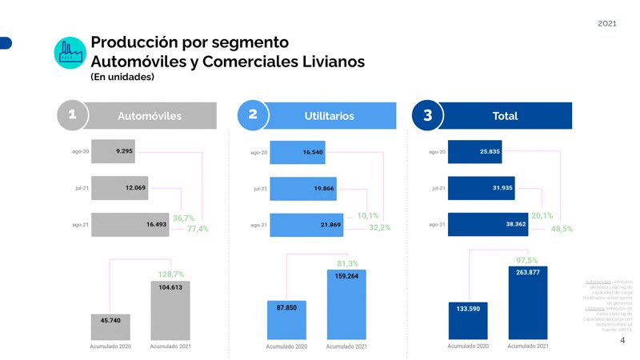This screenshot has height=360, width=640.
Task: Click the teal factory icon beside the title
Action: [70, 52]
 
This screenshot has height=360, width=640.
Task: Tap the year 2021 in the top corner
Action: [607, 24]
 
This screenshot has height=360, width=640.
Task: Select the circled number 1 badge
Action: [72, 115]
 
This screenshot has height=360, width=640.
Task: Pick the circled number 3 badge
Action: [427, 115]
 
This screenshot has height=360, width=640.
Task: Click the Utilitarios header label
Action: [329, 116]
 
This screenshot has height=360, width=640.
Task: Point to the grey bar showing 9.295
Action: [113, 151]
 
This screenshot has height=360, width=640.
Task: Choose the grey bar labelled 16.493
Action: [131, 225]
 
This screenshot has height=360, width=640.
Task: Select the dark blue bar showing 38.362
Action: [492, 225]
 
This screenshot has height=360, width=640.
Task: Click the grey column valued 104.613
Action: [170, 310]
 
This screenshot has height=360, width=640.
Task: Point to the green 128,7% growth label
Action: [170, 274]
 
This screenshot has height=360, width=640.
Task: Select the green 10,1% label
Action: [368, 216]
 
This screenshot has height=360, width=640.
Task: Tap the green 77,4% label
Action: [197, 229]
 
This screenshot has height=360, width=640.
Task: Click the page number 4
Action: [622, 340]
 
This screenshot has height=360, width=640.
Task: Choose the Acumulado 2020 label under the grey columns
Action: [111, 346]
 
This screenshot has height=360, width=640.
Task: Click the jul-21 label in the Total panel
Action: [438, 189]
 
